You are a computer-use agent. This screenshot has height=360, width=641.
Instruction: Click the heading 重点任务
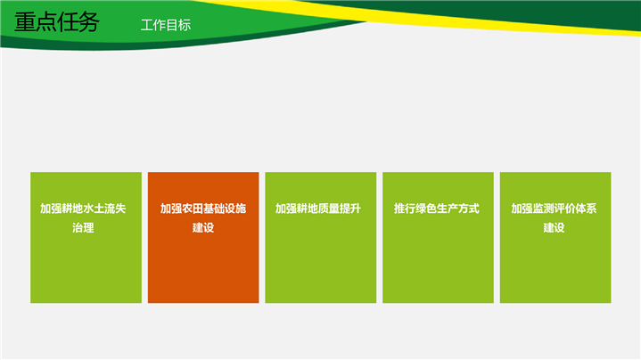click(57, 21)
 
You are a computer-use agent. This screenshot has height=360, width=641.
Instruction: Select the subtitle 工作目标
click(166, 25)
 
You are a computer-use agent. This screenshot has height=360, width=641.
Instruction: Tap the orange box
click(203, 237)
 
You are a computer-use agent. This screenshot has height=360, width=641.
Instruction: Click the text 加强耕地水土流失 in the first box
click(83, 209)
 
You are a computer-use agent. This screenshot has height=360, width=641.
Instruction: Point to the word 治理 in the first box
click(83, 227)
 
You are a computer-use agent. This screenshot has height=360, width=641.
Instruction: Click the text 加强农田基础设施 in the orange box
click(203, 209)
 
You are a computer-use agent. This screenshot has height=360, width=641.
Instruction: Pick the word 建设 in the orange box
click(203, 227)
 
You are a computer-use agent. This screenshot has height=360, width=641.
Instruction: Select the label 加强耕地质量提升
click(318, 209)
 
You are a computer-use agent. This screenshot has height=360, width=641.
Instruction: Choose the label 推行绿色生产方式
click(437, 209)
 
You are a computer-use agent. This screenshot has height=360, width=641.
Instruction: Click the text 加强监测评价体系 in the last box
click(554, 209)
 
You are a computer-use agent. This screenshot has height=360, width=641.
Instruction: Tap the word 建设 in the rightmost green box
click(554, 227)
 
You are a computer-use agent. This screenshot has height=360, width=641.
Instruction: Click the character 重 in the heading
click(25, 21)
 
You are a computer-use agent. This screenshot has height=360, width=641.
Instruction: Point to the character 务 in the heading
click(89, 21)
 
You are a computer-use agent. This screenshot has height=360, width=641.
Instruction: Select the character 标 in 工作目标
click(185, 25)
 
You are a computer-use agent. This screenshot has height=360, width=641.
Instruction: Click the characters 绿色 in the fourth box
click(426, 209)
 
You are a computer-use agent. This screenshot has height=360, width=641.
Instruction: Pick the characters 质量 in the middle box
click(329, 209)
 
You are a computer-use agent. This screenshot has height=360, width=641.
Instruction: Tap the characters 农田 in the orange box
click(193, 209)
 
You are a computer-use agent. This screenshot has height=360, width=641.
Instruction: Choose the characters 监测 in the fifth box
click(543, 209)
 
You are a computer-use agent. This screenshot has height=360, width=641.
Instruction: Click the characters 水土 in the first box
click(94, 209)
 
